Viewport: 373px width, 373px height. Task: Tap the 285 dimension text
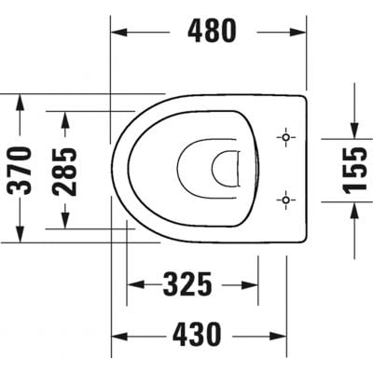pyautogui.click(x=64, y=170)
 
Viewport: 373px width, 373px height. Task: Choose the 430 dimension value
pyautogui.click(x=197, y=331)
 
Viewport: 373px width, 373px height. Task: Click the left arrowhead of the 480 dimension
pyautogui.click(x=119, y=32)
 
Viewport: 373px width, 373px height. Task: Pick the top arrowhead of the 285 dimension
pyautogui.click(x=64, y=116)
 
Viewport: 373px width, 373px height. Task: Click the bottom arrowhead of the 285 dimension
pyautogui.click(x=64, y=220)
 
